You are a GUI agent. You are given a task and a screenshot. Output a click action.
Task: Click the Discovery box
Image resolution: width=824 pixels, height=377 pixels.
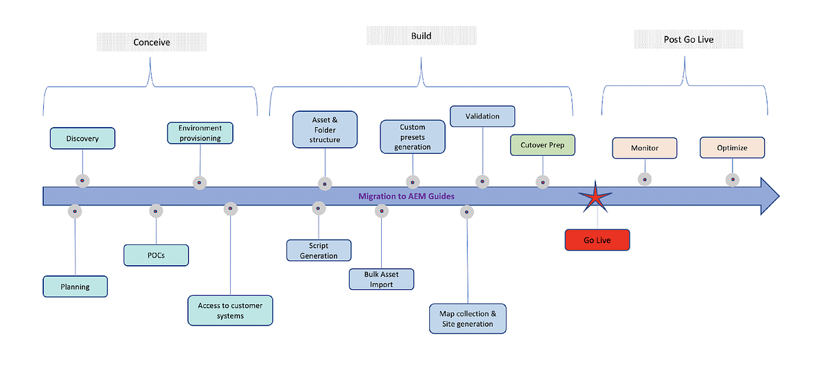[x=82, y=138]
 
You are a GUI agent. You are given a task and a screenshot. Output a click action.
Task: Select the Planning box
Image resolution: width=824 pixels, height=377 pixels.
[x=75, y=286]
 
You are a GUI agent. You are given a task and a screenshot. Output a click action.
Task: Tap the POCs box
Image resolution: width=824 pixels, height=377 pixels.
[x=156, y=255]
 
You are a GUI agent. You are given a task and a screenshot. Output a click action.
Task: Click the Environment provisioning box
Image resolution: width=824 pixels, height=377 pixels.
[x=201, y=133]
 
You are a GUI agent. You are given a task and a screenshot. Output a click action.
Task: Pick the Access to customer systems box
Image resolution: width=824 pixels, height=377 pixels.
[x=230, y=310]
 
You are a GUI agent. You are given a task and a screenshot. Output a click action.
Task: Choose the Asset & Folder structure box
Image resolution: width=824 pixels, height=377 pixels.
[x=325, y=130]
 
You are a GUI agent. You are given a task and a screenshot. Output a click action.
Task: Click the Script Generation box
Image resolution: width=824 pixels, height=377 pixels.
[x=319, y=251]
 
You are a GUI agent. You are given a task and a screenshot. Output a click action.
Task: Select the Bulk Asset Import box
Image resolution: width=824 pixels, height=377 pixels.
[x=381, y=279]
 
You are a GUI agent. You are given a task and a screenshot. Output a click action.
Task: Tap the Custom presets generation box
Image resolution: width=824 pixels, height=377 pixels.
[x=413, y=137]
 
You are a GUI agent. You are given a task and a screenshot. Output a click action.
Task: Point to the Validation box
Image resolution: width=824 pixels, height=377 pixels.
[x=483, y=116]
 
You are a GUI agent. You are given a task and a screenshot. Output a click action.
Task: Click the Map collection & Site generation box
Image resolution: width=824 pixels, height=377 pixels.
[x=468, y=319]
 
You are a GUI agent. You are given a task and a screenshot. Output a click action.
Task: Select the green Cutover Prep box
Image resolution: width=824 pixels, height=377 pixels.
[x=542, y=146]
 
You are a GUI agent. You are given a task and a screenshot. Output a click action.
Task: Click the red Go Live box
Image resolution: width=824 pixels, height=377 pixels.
[x=597, y=240]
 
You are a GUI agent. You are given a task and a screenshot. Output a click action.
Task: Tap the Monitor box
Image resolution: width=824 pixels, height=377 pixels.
[x=644, y=148]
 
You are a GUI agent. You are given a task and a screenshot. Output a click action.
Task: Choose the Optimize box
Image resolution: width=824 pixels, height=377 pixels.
[x=732, y=148]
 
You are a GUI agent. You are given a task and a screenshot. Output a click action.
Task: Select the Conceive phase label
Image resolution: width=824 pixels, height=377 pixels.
[x=152, y=42]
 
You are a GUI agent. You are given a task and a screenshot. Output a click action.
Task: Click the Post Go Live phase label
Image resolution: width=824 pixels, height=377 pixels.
[x=688, y=40]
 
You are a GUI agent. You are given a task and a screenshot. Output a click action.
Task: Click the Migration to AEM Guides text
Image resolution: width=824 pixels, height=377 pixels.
[x=406, y=196]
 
